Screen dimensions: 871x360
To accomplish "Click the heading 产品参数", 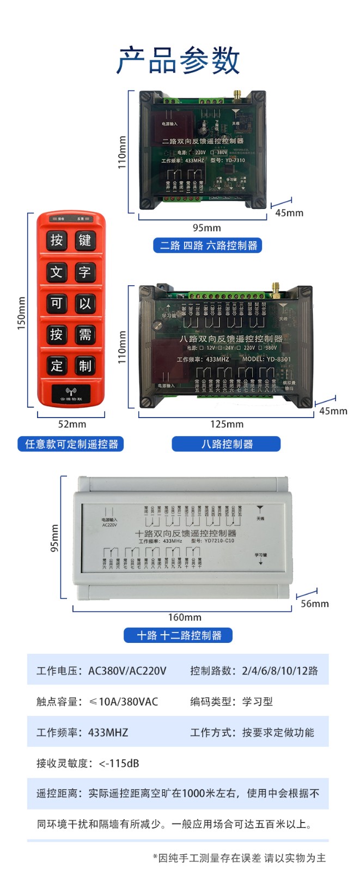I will point(179,60).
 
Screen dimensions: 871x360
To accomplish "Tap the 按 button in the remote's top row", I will point(57,240).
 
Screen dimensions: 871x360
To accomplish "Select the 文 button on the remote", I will point(57,272).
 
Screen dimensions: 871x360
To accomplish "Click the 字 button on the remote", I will point(85,272).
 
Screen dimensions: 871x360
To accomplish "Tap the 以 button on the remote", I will point(85,303).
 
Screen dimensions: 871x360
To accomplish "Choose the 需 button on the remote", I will point(85,334).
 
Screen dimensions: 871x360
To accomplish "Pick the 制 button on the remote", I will point(85,365).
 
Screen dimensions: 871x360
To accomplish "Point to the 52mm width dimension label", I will point(72,424).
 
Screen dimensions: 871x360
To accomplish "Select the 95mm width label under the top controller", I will point(206,228).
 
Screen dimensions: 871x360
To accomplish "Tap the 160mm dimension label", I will point(185,617).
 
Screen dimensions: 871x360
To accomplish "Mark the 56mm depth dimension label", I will point(315,604).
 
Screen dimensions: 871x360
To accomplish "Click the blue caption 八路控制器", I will point(227,444).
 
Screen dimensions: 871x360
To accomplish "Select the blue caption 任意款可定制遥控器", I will point(71,444).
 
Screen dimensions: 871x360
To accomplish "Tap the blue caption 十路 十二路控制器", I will point(179,635).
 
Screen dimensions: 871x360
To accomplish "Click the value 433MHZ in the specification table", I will point(108,733).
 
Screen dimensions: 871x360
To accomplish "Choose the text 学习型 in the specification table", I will point(257,702).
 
